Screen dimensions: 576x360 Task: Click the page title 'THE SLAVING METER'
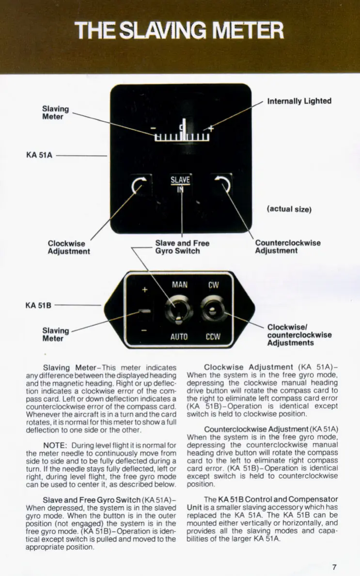coord(180,31)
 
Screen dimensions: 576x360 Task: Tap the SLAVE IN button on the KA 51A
coord(180,184)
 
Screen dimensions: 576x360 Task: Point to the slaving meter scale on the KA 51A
coord(182,135)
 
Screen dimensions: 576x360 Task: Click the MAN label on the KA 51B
coord(179,285)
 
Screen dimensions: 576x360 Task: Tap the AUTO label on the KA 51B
coord(179,336)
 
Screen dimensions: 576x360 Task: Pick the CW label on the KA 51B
coord(213,285)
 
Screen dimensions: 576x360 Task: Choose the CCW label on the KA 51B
coord(213,336)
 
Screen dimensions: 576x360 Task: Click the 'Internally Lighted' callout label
coord(299,101)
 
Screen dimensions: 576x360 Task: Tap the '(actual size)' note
coord(289,209)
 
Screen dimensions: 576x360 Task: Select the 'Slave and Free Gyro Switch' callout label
coord(182,247)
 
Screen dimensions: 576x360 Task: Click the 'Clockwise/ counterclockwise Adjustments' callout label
coord(299,335)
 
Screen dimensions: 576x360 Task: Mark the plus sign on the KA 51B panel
coord(144,290)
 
